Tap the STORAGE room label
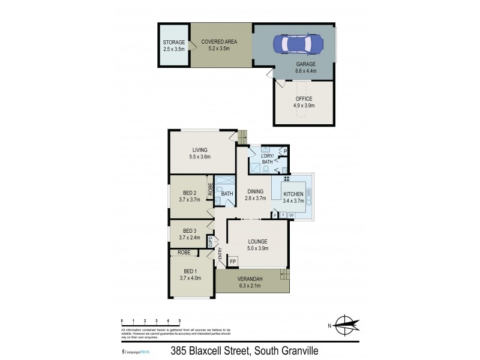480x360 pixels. pyautogui.click(x=175, y=42)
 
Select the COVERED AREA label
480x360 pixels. pyautogui.click(x=219, y=41)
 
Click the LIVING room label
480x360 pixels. pyautogui.click(x=200, y=150)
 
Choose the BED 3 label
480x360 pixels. pyautogui.click(x=189, y=231)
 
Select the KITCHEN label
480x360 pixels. pyautogui.click(x=293, y=194)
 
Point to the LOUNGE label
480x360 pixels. pyautogui.click(x=258, y=241)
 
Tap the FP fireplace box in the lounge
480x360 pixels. pyautogui.click(x=233, y=262)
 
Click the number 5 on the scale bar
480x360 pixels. pyautogui.click(x=179, y=322)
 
